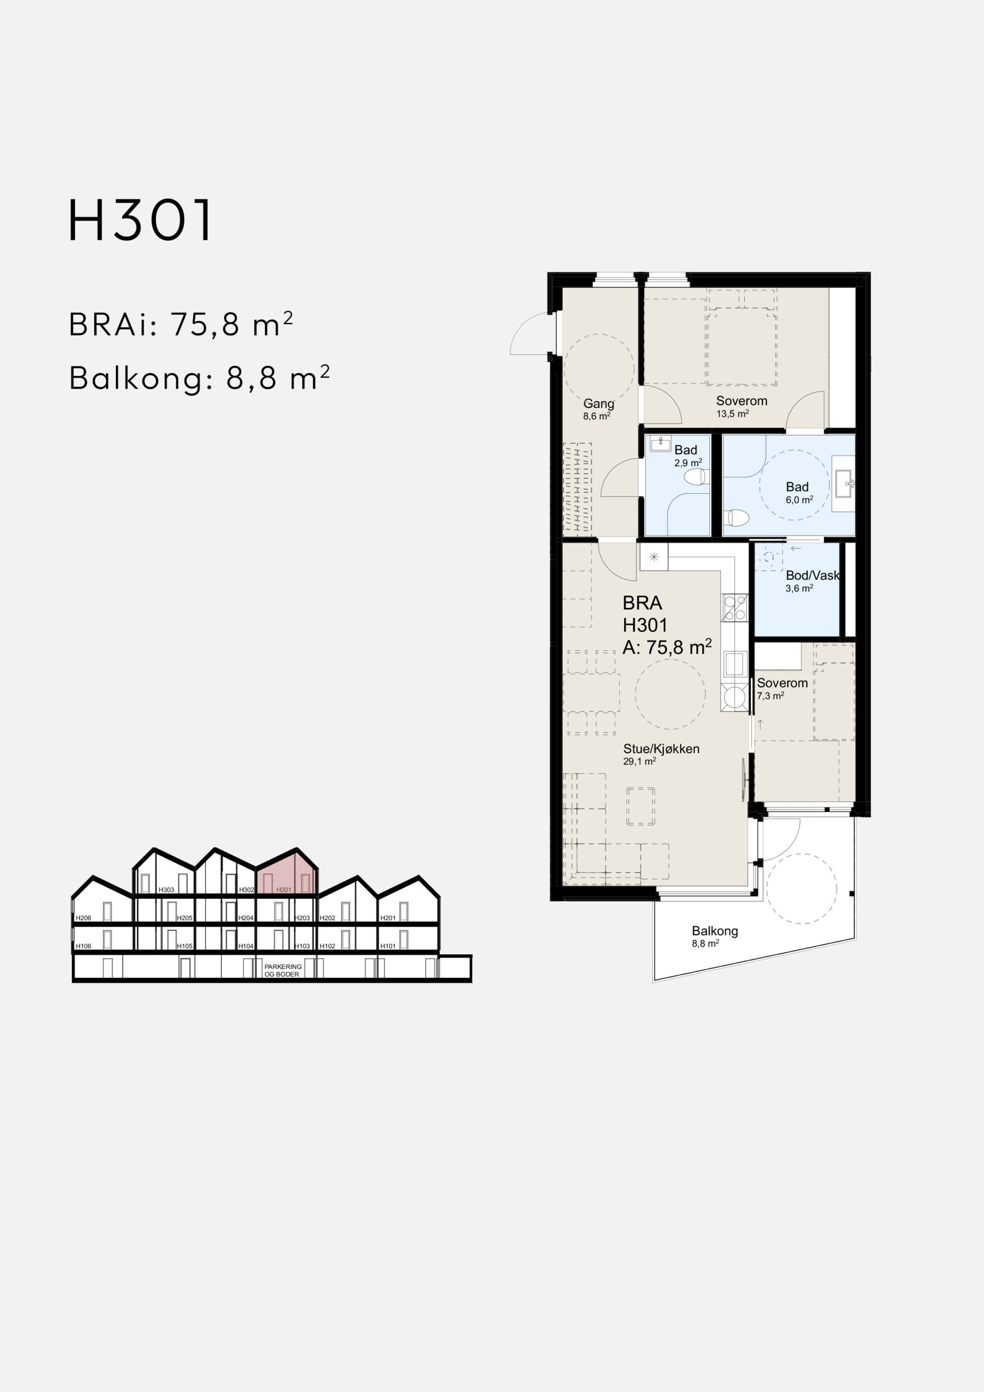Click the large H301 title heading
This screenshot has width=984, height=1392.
(140, 220)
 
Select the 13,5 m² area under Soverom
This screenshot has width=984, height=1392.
(732, 413)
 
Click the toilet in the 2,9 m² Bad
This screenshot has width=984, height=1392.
(695, 476)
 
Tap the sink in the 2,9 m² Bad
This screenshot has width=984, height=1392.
(660, 444)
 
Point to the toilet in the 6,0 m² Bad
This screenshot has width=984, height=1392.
(737, 517)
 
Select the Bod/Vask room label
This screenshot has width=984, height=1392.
(812, 575)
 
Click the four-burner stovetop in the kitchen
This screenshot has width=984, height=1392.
(735, 608)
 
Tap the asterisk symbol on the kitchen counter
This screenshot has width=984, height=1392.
(653, 557)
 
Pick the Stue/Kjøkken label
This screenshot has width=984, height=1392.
(661, 749)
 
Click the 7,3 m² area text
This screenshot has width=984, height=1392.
(770, 696)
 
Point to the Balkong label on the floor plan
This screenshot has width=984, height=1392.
(715, 930)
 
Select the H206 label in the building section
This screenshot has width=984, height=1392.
(84, 918)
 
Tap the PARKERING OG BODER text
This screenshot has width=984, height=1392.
(283, 970)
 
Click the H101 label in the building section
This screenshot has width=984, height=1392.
(388, 946)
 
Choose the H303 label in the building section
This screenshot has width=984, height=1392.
(166, 890)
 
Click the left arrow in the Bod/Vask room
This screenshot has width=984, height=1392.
(796, 549)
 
